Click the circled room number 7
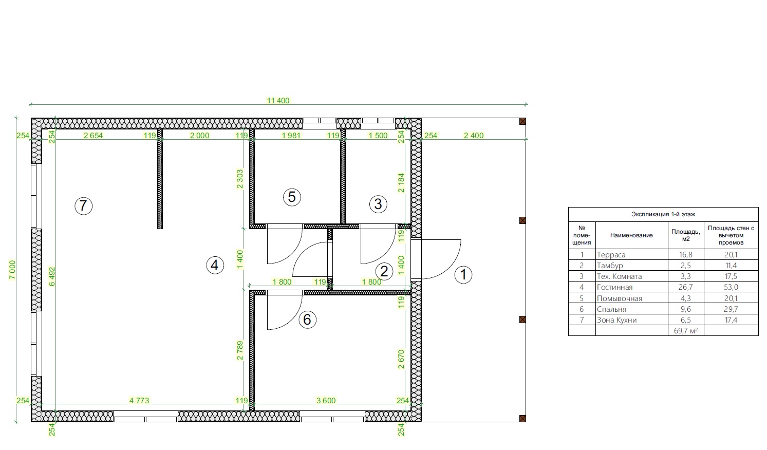(x=83, y=206)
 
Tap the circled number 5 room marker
(x=292, y=197)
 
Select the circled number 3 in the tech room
(x=378, y=204)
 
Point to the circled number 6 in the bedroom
(x=307, y=320)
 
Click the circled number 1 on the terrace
(x=463, y=275)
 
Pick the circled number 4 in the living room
(x=215, y=265)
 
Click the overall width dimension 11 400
(x=278, y=100)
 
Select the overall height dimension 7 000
(x=12, y=270)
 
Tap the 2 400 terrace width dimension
(x=474, y=135)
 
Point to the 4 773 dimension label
(x=139, y=400)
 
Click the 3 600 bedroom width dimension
(x=326, y=400)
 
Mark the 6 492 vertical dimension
(x=52, y=276)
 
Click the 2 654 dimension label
(x=93, y=135)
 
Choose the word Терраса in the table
(x=611, y=254)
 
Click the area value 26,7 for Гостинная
(x=685, y=287)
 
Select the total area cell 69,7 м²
(x=685, y=330)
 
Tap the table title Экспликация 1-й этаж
(x=663, y=214)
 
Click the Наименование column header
(x=631, y=235)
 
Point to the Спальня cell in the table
(x=611, y=309)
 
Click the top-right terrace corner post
(x=522, y=121)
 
